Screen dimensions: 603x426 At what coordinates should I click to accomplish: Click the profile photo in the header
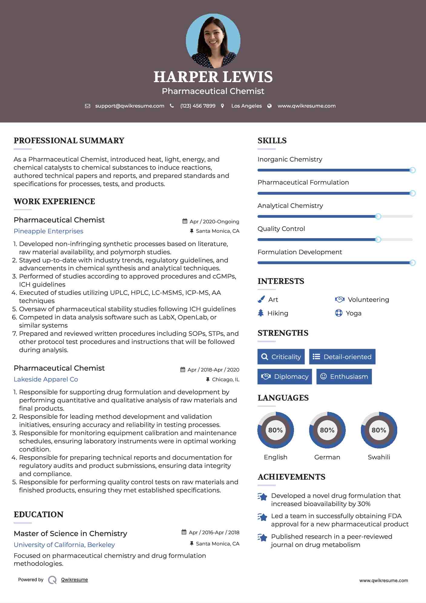[x=213, y=41]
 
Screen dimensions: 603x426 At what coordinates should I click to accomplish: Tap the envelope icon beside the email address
[x=88, y=106]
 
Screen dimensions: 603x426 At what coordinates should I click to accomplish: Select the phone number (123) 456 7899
[x=198, y=106]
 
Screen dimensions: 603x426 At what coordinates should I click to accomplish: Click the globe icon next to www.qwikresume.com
[x=269, y=106]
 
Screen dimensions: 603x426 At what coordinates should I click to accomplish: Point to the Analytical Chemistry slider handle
[x=378, y=216]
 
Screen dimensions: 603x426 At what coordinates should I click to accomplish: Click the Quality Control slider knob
[x=378, y=240]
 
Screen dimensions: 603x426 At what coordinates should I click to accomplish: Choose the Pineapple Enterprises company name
[x=48, y=231]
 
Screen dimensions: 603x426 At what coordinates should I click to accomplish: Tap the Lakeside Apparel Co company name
[x=46, y=379]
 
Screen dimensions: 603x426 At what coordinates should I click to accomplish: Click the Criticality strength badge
[x=281, y=357]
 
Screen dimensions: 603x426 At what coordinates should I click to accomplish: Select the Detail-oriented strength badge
[x=342, y=357]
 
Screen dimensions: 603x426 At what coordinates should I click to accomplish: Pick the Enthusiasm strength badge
[x=344, y=376]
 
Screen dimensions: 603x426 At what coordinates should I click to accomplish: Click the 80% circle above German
[x=327, y=430]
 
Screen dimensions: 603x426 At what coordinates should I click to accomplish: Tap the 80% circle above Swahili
[x=379, y=430]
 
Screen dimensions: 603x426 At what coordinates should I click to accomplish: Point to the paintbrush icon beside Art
[x=261, y=299]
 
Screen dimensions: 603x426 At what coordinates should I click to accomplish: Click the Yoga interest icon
[x=338, y=313]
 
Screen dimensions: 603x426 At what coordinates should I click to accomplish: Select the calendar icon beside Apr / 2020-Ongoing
[x=185, y=221]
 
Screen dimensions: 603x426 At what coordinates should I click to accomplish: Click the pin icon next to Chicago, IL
[x=208, y=379]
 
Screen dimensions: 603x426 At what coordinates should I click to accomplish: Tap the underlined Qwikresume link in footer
[x=74, y=580]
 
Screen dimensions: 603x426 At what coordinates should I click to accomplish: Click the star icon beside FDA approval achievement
[x=262, y=517]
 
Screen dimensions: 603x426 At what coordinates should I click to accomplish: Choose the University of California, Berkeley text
[x=64, y=545]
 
